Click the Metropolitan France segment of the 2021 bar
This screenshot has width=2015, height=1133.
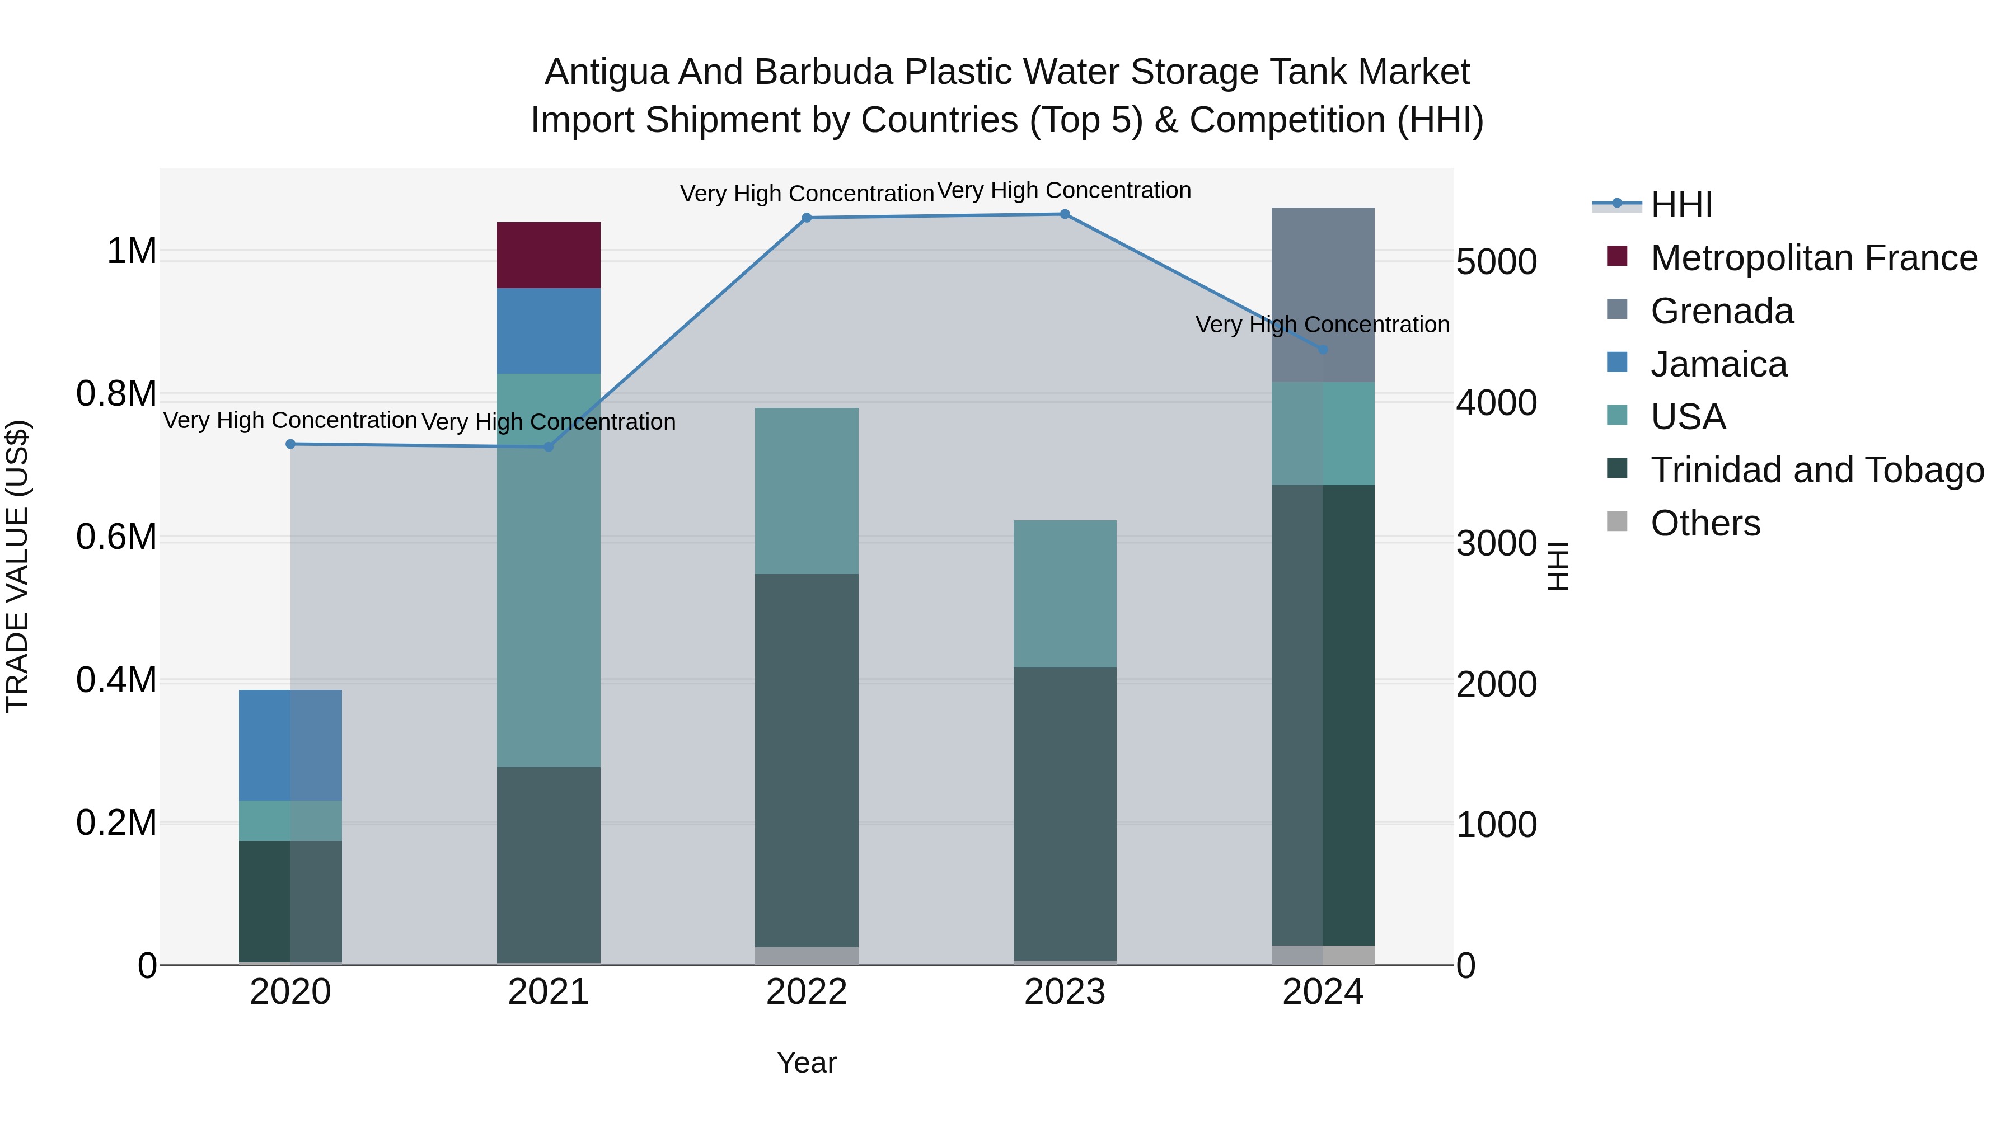[x=549, y=255]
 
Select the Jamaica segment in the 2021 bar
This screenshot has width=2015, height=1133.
[x=549, y=330]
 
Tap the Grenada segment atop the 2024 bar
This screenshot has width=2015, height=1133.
[x=1322, y=295]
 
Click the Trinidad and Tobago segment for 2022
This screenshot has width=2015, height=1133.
[x=807, y=760]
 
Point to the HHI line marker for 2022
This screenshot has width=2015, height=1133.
[x=807, y=218]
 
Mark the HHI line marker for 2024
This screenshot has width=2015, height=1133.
[x=1323, y=350]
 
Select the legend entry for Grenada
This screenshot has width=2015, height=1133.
[x=1722, y=311]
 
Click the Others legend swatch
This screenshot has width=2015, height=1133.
[x=1616, y=521]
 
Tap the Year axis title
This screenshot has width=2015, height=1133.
[x=807, y=1063]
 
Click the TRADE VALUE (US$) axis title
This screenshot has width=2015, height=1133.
[x=17, y=566]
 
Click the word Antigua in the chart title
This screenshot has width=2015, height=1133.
[x=606, y=72]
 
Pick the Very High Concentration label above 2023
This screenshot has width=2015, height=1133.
[x=1064, y=190]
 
